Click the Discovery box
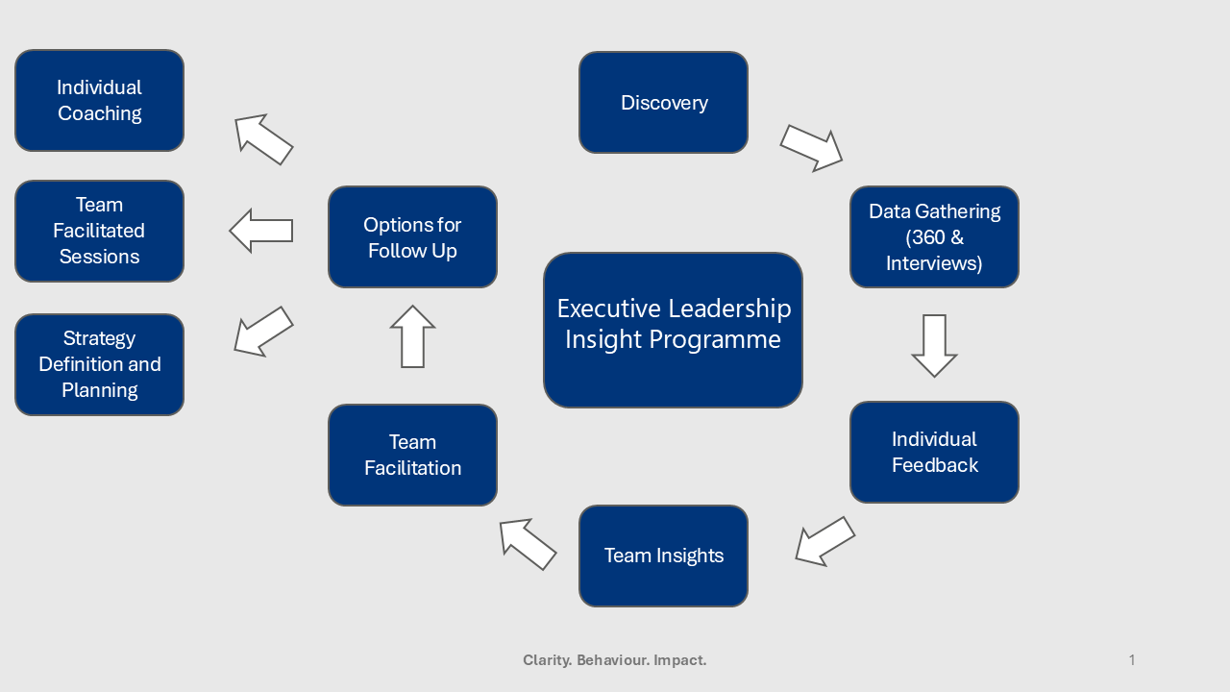point(663,103)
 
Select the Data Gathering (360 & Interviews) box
point(934,237)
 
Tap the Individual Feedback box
point(934,452)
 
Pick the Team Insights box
point(663,556)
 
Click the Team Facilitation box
point(412,455)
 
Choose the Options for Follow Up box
point(412,237)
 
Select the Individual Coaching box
point(99,101)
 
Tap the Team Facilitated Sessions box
point(99,231)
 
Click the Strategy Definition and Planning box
point(99,364)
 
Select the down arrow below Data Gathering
point(934,345)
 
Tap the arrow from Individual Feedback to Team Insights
point(824,541)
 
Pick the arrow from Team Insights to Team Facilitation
point(528,544)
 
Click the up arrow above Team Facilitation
point(412,336)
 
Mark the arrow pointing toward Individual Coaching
point(263,139)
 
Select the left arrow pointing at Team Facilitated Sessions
point(260,231)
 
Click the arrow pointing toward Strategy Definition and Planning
point(263,332)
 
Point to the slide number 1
point(1132,660)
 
